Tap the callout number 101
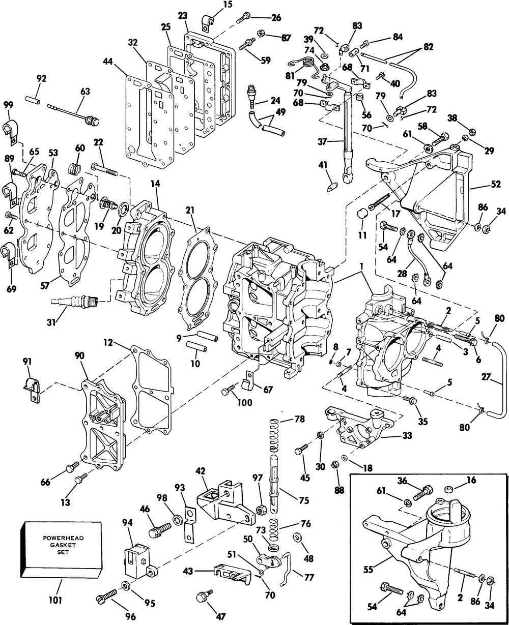55,600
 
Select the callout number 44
108,62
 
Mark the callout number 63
85,92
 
